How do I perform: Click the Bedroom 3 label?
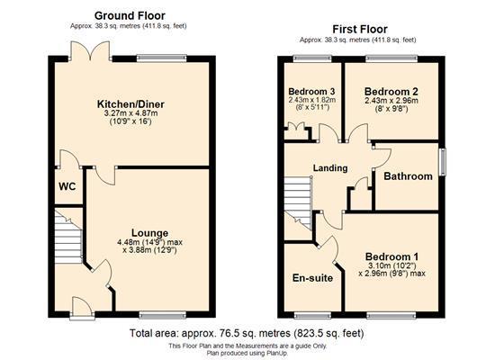click(x=311, y=92)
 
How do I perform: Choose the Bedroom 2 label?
click(x=392, y=91)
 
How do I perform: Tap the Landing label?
click(x=330, y=168)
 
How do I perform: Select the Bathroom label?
click(x=408, y=176)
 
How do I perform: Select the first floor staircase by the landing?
click(x=299, y=200)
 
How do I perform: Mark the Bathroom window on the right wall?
click(x=441, y=163)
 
